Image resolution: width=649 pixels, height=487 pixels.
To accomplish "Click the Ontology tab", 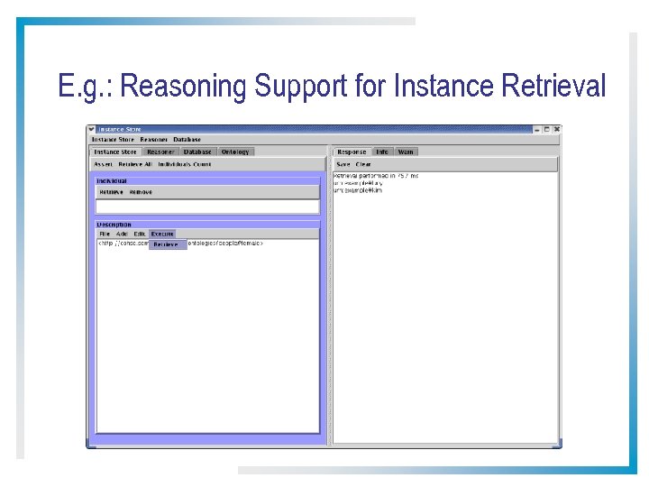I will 235,152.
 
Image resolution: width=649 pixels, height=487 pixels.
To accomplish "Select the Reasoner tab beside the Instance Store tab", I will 160,152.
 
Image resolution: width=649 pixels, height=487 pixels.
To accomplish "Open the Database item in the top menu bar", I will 187,140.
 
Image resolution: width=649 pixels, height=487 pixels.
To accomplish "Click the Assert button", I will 103,164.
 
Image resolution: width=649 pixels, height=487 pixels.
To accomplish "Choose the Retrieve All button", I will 135,164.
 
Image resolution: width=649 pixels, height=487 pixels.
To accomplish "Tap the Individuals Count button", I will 185,164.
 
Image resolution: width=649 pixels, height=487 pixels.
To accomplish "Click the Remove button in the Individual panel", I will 141,192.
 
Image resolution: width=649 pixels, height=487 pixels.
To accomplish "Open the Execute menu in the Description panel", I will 162,234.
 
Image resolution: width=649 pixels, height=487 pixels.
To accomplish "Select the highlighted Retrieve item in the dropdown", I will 166,244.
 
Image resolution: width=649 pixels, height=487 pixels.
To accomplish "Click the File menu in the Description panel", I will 105,234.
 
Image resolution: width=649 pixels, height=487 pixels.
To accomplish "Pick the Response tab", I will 352,152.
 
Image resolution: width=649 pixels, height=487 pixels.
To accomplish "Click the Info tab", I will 382,152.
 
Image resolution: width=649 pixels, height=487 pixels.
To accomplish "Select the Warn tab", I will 406,152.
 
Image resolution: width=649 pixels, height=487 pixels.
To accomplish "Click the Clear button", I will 363,164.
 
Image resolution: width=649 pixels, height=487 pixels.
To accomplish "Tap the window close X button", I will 556,129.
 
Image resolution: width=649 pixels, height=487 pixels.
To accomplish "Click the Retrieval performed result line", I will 375,175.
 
